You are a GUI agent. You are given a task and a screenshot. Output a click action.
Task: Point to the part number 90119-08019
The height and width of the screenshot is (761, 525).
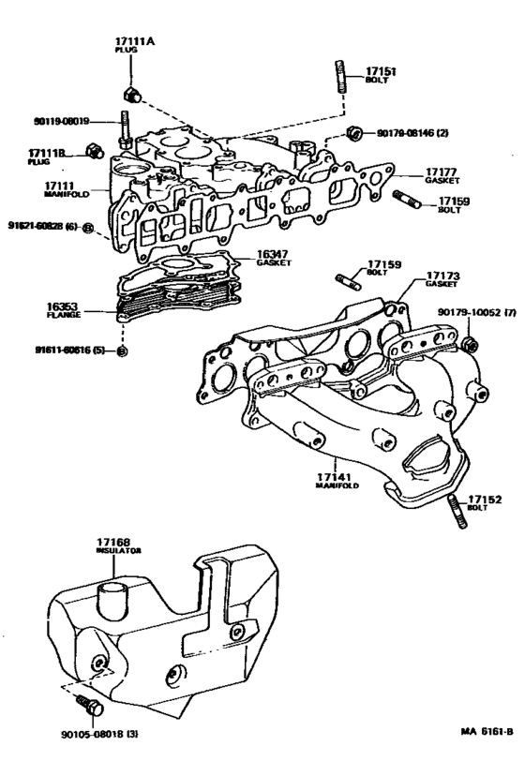click(x=59, y=121)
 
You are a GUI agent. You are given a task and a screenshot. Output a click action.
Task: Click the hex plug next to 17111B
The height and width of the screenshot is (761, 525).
click(x=93, y=151)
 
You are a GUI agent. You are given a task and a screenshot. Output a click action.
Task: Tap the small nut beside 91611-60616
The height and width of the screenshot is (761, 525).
click(x=123, y=351)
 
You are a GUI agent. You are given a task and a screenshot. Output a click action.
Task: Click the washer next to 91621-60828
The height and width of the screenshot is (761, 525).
click(x=87, y=228)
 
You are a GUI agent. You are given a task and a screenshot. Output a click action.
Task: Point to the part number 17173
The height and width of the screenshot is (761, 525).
click(x=442, y=275)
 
